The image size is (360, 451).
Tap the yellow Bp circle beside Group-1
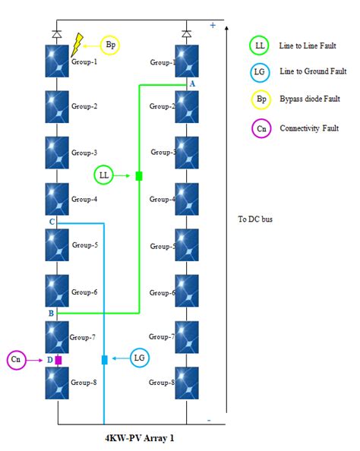(x=111, y=46)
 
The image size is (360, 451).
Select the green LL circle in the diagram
(x=105, y=175)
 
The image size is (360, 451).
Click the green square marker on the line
(x=139, y=176)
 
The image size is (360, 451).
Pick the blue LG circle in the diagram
(x=140, y=358)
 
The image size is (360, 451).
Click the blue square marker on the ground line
(x=105, y=359)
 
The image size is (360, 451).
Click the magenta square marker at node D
(x=58, y=360)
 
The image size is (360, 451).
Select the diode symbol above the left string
(x=58, y=34)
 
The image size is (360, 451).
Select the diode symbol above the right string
(x=187, y=34)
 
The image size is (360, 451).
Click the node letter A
(x=192, y=83)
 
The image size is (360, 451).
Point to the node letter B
(x=50, y=313)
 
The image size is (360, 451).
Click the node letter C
(x=51, y=222)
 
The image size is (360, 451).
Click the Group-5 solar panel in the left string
(x=58, y=245)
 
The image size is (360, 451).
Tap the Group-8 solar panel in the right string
(x=187, y=383)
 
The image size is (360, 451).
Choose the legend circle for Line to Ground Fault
(x=261, y=71)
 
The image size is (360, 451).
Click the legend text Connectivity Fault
(x=309, y=128)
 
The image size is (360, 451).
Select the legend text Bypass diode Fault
(x=311, y=99)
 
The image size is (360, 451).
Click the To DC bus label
(x=254, y=219)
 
